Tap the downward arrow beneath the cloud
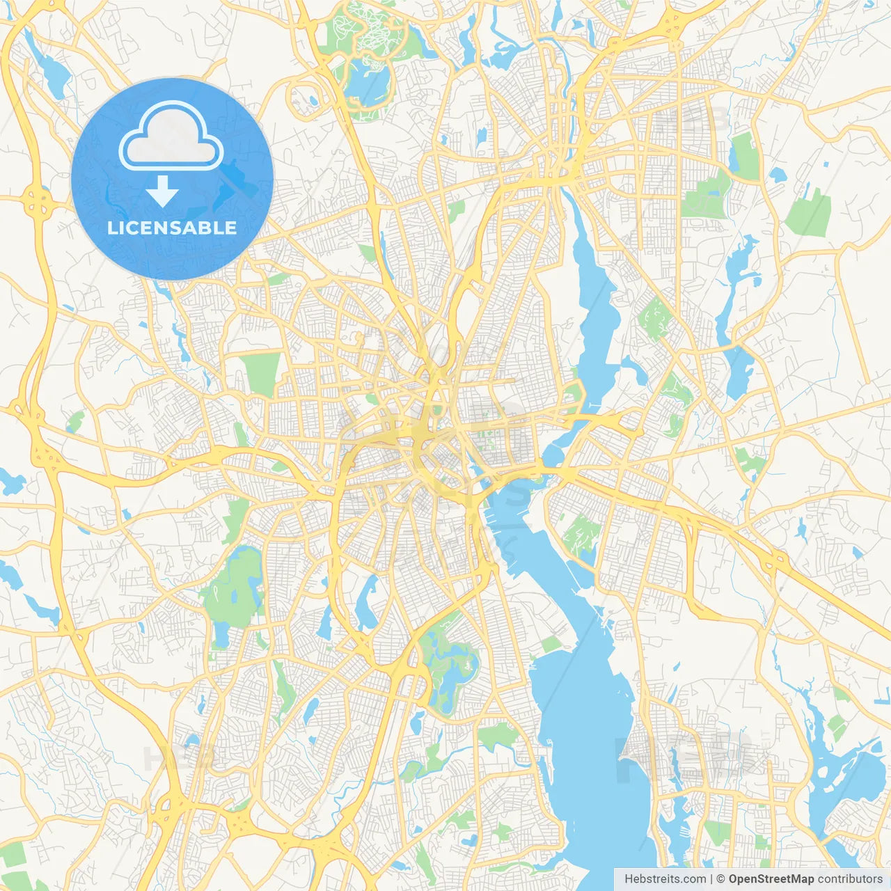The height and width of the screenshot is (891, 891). [x=162, y=191]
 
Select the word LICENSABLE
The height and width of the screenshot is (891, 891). [x=172, y=228]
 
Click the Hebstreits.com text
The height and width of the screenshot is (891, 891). [x=665, y=879]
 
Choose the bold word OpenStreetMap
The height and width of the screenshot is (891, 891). [x=771, y=879]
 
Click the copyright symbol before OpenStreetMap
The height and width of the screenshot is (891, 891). [x=721, y=879]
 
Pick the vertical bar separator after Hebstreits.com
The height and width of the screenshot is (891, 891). [x=711, y=879]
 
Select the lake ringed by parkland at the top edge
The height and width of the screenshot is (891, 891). [x=367, y=80]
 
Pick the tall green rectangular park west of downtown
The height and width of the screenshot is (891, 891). [x=262, y=374]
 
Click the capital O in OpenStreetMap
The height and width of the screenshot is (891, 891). [x=734, y=879]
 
